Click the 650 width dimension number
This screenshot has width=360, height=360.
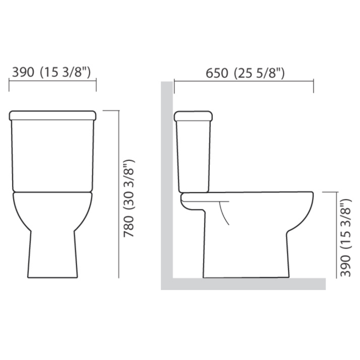pyautogui.click(x=217, y=73)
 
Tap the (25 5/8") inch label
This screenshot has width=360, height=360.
pyautogui.click(x=259, y=73)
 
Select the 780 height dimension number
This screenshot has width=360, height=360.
pyautogui.click(x=129, y=227)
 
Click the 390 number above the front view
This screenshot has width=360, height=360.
pyautogui.click(x=23, y=72)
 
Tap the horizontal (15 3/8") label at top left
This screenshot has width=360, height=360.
pyautogui.click(x=65, y=72)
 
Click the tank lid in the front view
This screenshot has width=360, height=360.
pyautogui.click(x=53, y=115)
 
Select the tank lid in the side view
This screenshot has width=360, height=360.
pyautogui.click(x=193, y=116)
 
